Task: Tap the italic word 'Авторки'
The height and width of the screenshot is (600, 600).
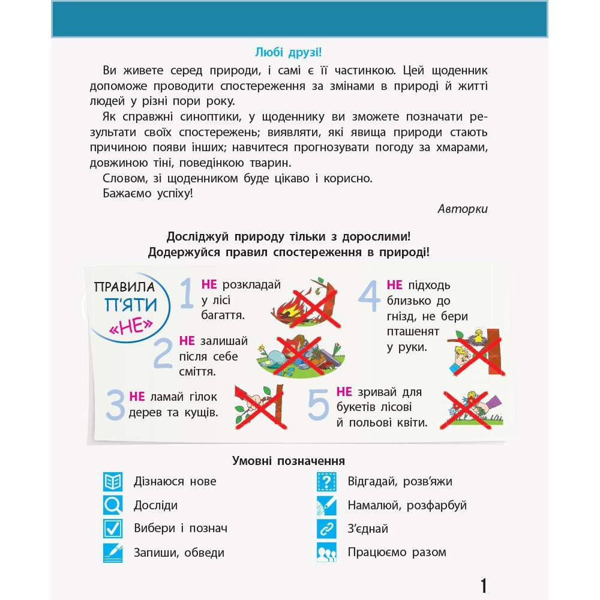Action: click(463, 209)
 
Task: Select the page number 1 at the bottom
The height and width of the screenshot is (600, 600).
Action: click(484, 586)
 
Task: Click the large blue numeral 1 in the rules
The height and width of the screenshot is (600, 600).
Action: click(187, 293)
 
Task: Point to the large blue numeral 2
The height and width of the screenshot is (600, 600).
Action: click(163, 354)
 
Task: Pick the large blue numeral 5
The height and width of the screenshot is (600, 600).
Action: click(319, 404)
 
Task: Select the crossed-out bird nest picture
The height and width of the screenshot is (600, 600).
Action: click(476, 353)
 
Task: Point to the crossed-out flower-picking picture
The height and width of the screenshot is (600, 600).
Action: click(472, 409)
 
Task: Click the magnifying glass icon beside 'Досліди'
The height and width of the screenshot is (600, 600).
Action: click(112, 505)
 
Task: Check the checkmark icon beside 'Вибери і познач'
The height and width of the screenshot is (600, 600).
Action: click(112, 529)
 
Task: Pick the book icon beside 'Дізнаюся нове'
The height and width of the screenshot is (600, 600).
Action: click(112, 481)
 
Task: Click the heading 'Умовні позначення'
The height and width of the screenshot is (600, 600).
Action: click(288, 461)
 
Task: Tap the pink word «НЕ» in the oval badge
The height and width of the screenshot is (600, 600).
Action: click(129, 326)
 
